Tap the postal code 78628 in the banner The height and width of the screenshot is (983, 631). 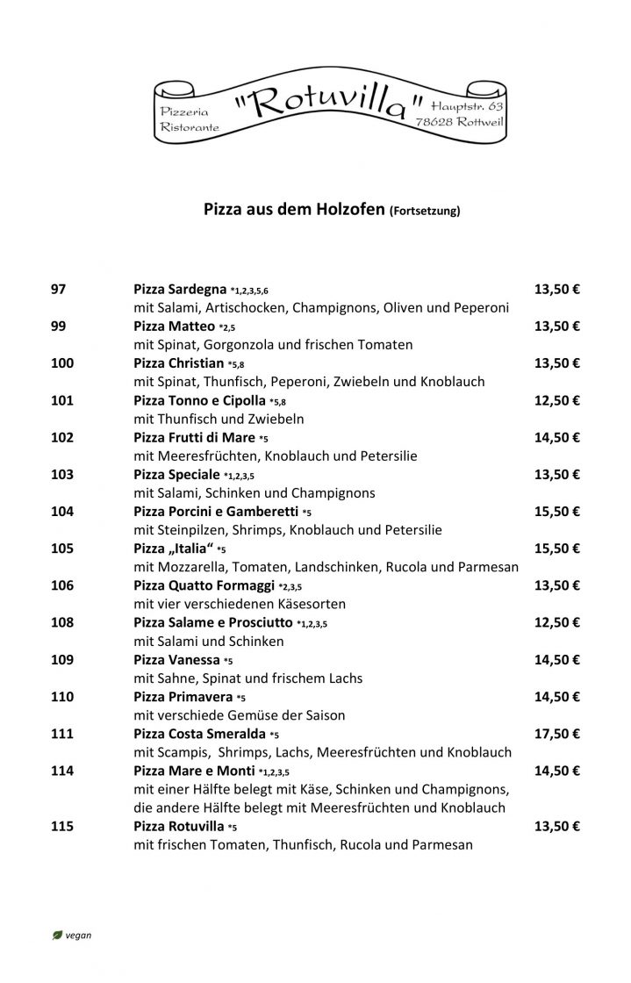pos(437,124)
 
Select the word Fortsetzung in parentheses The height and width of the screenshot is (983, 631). pos(425,211)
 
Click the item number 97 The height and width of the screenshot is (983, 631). pos(60,290)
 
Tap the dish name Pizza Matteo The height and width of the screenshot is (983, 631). pos(175,326)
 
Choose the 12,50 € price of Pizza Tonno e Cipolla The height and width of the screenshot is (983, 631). pos(556,400)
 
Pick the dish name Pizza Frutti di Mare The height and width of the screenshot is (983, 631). pos(195,437)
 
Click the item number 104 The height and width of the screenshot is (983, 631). pos(63,511)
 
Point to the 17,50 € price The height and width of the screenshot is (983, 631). pos(556,733)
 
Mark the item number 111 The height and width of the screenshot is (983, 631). pos(63,733)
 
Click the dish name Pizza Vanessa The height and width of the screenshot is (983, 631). pos(176,659)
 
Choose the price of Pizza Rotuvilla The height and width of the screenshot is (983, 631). pos(556,826)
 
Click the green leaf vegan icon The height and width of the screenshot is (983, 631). pos(57,935)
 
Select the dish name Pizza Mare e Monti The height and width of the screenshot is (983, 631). pos(195,771)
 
